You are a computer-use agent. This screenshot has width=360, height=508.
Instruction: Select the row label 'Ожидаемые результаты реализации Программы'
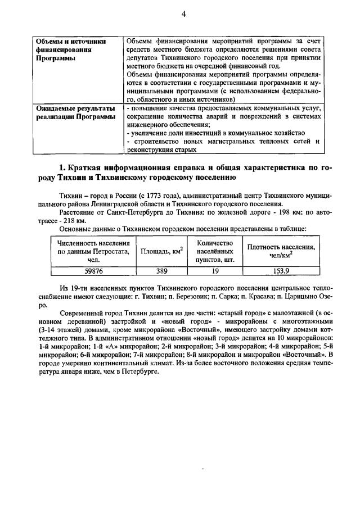(x=75, y=112)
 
